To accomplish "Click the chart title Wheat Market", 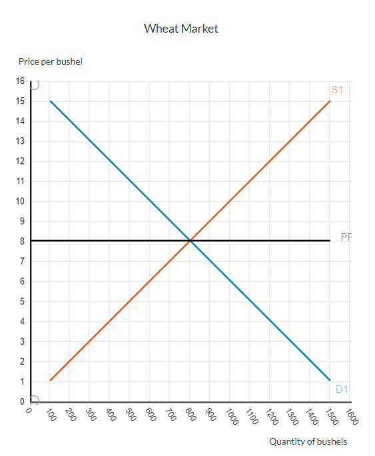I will [x=181, y=29].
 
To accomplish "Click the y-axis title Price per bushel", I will [x=51, y=62].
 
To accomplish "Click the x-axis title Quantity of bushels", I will [x=308, y=441].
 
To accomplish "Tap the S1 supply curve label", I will [x=336, y=89].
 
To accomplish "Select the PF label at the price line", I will [x=345, y=237].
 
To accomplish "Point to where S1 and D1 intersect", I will [x=190, y=241].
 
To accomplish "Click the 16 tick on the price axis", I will [x=19, y=81].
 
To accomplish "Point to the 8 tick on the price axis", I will [x=21, y=241].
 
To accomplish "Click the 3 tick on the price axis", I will [x=21, y=341].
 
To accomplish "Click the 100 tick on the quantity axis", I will [x=50, y=417].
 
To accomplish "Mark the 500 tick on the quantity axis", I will [x=131, y=417].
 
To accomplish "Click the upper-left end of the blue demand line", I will [x=50, y=101].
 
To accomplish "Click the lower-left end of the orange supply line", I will [x=50, y=381].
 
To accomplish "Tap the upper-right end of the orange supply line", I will [x=330, y=101].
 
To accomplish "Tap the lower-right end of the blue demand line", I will [x=330, y=381].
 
